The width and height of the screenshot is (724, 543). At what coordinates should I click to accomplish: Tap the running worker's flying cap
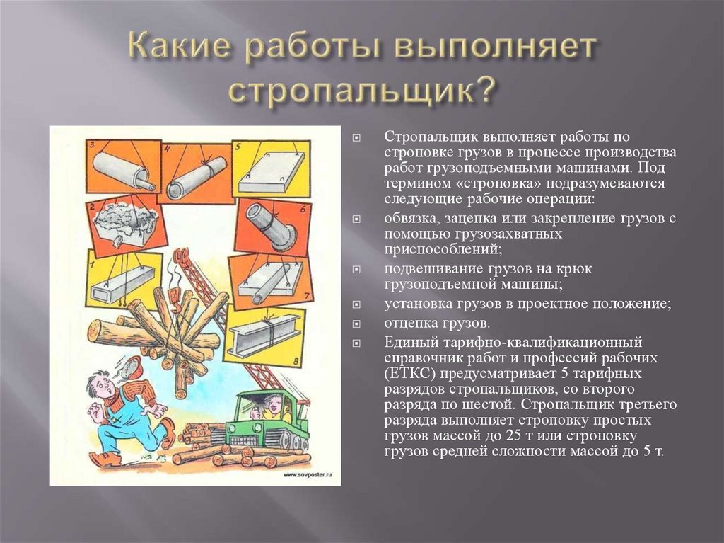(129, 367)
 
